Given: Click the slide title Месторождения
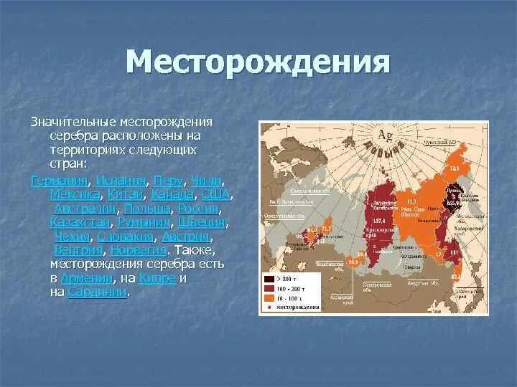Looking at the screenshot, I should click(258, 62).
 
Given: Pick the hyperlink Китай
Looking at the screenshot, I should click(126, 194).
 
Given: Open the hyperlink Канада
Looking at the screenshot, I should click(172, 194).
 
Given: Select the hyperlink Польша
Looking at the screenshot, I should click(147, 209).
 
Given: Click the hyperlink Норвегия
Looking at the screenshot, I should click(136, 250).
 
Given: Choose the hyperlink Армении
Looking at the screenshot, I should click(87, 278).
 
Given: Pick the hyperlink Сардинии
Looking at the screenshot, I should click(98, 292).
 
